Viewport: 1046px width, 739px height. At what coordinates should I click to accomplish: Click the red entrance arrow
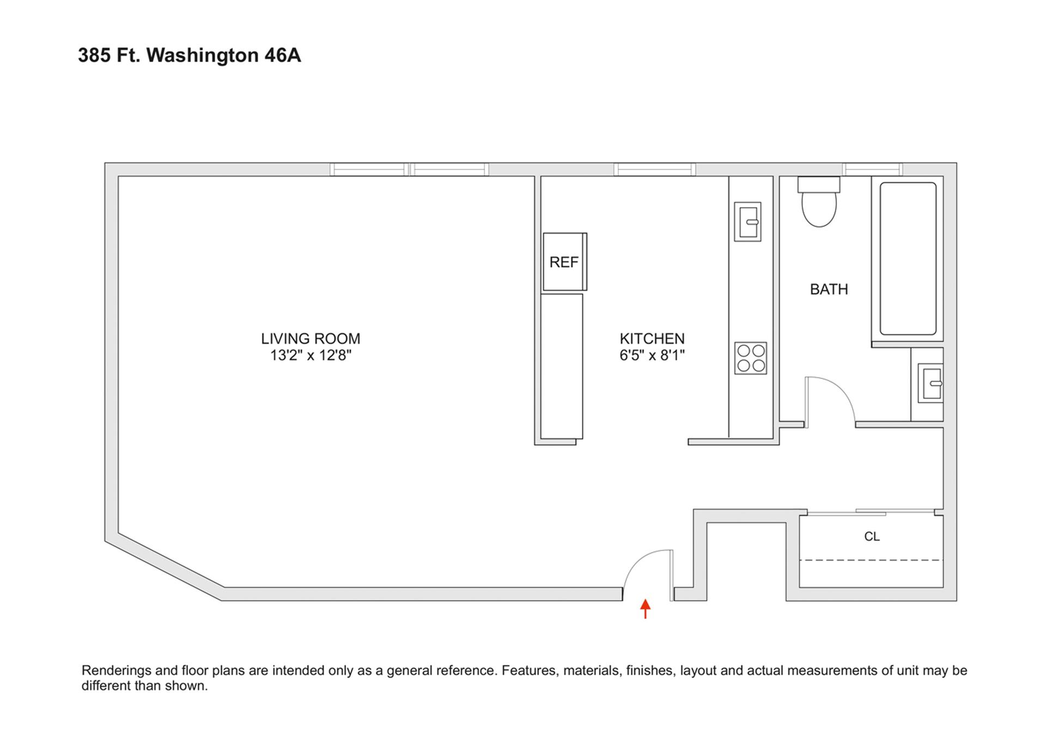point(645,608)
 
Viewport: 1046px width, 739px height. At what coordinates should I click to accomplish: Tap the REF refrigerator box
point(564,262)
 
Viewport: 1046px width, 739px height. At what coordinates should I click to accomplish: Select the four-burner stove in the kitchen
point(750,358)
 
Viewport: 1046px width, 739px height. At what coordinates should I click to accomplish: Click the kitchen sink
point(747,222)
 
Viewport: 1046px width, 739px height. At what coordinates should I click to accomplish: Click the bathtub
point(908,259)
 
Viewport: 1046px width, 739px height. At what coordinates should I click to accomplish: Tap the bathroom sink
point(931,383)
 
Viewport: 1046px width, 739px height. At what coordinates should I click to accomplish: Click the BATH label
point(829,289)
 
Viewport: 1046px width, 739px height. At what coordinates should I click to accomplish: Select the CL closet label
point(872,536)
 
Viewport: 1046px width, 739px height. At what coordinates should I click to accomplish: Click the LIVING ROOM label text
point(311,339)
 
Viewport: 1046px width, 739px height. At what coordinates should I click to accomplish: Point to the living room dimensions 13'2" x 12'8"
point(311,356)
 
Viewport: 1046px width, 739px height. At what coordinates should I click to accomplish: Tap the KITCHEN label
point(652,339)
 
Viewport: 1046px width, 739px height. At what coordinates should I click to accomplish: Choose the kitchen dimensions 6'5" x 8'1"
point(652,356)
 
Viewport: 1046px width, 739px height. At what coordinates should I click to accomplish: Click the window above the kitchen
point(654,169)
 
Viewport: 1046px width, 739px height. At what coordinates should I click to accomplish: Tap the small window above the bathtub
point(872,169)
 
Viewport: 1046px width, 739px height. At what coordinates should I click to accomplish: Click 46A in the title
point(282,56)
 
